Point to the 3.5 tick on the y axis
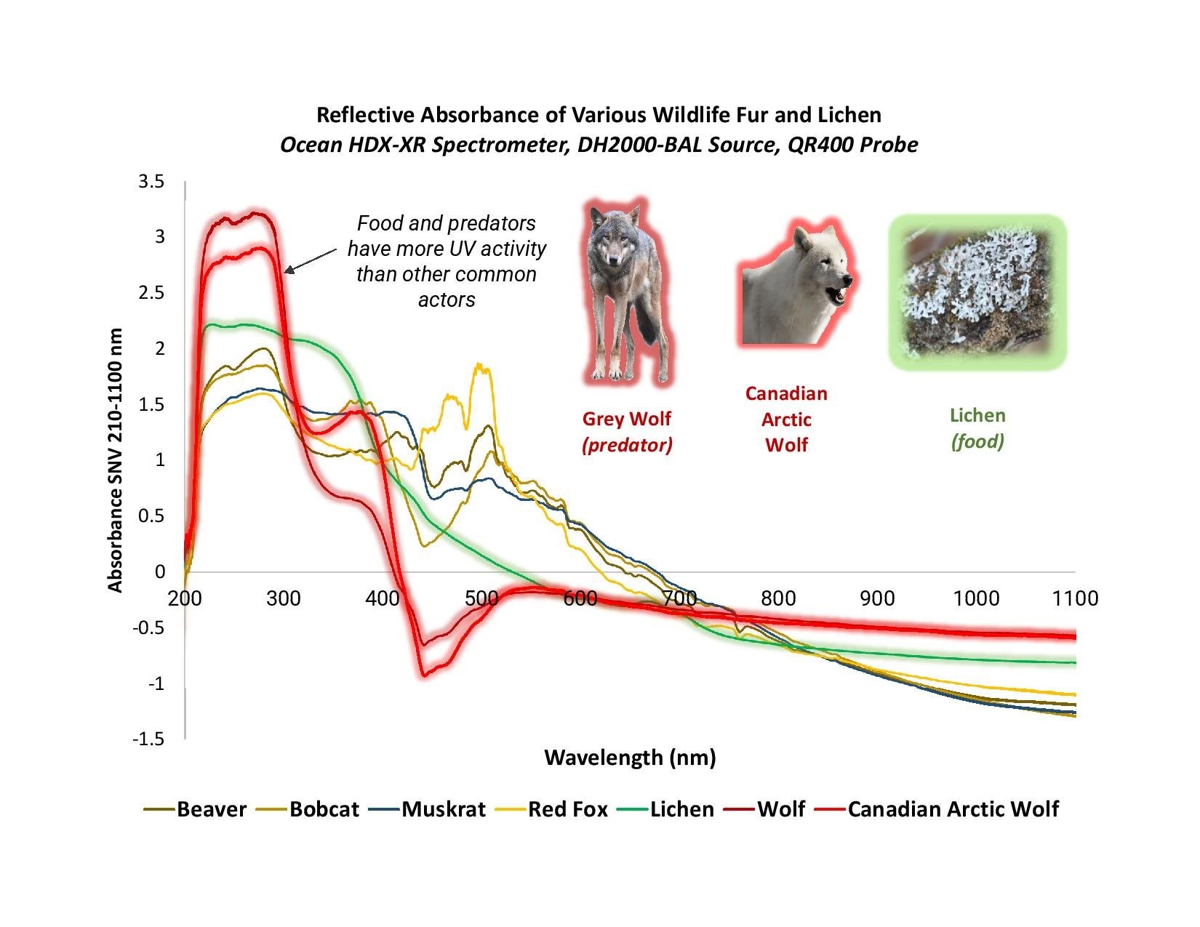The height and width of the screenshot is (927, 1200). (151, 181)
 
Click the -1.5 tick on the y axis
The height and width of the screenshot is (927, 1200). (148, 739)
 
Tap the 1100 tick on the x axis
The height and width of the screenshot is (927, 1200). (1075, 598)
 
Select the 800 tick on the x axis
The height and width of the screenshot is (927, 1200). (778, 598)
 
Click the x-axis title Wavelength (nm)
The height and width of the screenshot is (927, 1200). (630, 758)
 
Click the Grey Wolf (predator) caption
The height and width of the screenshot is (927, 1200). (627, 432)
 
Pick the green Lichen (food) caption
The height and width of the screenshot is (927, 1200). (977, 428)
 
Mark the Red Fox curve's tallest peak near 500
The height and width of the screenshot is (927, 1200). (479, 366)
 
